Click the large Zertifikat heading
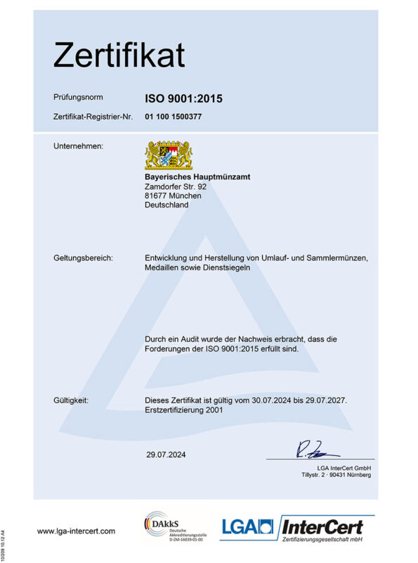(x=119, y=55)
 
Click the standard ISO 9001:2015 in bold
(x=183, y=99)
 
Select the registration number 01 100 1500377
(x=174, y=117)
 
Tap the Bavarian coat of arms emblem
(x=169, y=154)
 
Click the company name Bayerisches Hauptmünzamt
(x=197, y=176)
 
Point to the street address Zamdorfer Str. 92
(x=176, y=186)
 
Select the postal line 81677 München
(x=173, y=196)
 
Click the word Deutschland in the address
(x=166, y=205)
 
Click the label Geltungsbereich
(x=83, y=258)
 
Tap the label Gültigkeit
(x=71, y=400)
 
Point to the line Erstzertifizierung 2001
(x=184, y=410)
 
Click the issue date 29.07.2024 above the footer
(x=167, y=455)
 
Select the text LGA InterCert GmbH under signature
(x=344, y=467)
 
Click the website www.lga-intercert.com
(x=76, y=531)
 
